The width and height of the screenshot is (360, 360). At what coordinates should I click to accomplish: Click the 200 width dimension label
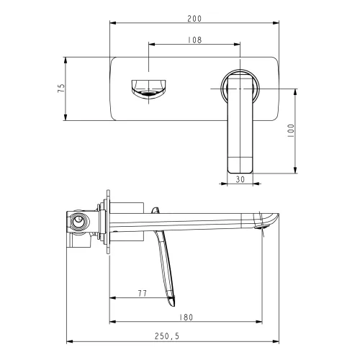pos(193,17)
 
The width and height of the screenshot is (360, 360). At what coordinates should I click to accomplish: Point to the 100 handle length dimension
pos(290,130)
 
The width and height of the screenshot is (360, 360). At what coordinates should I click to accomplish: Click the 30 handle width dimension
pos(240,180)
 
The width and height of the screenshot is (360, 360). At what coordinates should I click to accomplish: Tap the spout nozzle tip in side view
pos(265,227)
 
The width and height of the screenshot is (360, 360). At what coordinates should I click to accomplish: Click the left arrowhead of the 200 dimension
pos(112,24)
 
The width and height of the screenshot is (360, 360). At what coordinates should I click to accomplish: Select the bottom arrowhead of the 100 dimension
pos(295,170)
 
